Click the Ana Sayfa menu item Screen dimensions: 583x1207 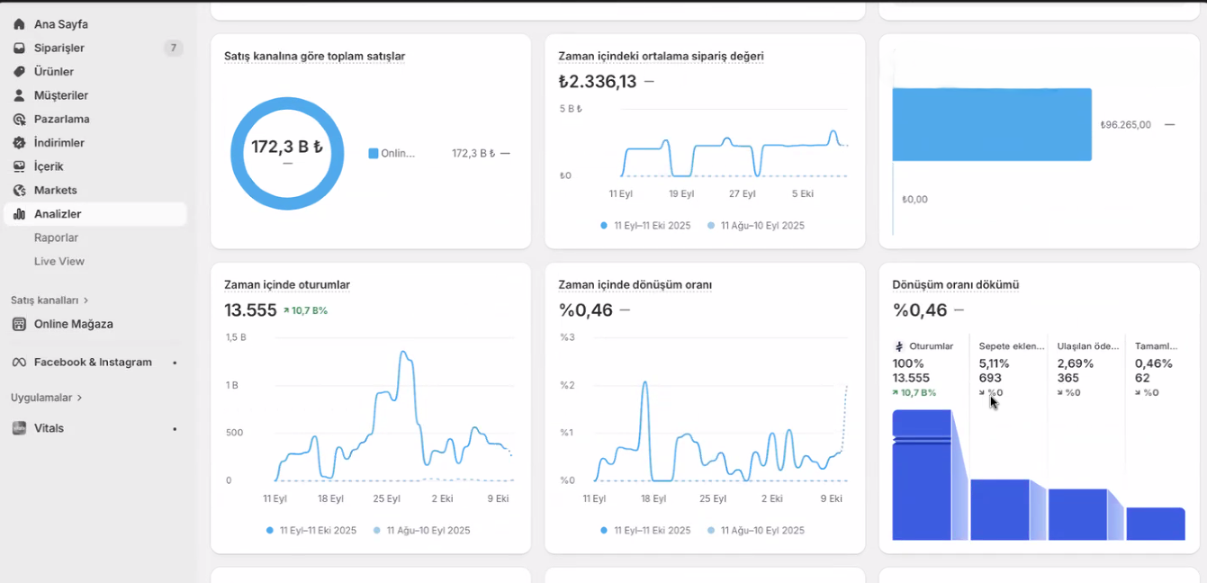coord(60,24)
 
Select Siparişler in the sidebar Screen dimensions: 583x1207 coord(59,48)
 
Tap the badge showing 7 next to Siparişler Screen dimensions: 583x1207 coord(173,48)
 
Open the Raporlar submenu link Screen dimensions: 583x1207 coord(56,238)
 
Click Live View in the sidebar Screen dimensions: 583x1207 coord(59,261)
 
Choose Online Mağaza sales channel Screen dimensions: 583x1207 coord(73,324)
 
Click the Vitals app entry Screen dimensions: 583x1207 coord(49,428)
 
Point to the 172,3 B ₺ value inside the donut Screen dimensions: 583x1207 coord(286,147)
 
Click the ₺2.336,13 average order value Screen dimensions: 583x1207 coord(597,82)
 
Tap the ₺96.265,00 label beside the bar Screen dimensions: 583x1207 coord(1125,125)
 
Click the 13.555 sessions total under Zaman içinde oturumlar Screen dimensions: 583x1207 coord(250,310)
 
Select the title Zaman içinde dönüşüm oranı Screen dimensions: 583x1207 coord(635,285)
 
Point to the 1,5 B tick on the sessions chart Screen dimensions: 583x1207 coord(235,337)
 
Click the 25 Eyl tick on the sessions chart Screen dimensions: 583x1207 coord(386,498)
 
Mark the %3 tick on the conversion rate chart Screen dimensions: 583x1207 coord(567,337)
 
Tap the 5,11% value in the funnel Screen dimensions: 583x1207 coord(994,363)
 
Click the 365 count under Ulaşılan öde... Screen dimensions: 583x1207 coord(1067,378)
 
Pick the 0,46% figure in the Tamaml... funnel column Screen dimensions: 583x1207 coord(1153,363)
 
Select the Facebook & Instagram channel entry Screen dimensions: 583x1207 coord(92,363)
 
